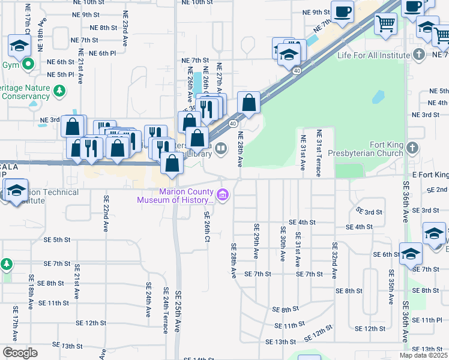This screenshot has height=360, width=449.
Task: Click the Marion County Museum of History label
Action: coord(175,196)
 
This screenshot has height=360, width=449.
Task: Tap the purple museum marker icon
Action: coord(223,194)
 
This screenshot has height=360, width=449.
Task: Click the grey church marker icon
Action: coord(412,148)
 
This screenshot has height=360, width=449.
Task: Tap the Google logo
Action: coord(20,353)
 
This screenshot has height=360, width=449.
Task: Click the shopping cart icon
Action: coord(386,24)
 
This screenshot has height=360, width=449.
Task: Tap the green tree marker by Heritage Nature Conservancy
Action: coord(59,91)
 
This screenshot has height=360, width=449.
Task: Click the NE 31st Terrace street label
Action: coord(319,153)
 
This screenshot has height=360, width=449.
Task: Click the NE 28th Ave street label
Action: coord(240,149)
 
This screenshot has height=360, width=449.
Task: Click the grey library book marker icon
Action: coord(221,148)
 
